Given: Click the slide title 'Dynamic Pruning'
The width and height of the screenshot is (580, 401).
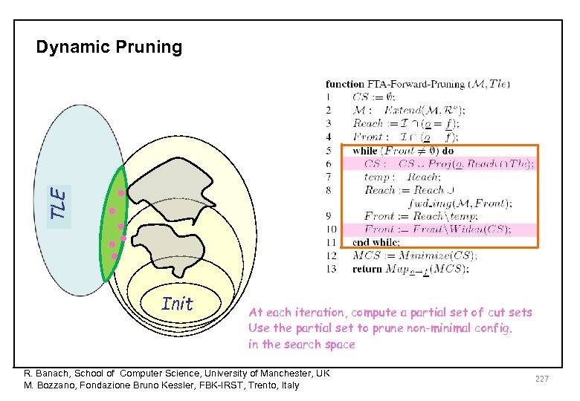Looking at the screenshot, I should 109,48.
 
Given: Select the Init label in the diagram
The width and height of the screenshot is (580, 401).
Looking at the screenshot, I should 177,304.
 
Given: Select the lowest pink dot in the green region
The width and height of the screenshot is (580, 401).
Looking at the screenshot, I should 115,255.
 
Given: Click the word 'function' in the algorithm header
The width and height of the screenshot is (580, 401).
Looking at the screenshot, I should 345,83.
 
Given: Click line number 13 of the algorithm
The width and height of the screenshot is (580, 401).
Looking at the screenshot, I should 331,270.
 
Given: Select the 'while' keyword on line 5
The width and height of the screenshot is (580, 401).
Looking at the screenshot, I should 365,150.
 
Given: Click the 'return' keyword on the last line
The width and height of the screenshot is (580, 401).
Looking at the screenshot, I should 367,270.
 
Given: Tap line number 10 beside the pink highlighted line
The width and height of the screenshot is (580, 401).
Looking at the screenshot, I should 331,229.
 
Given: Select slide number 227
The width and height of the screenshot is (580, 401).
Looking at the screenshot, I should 541,379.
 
